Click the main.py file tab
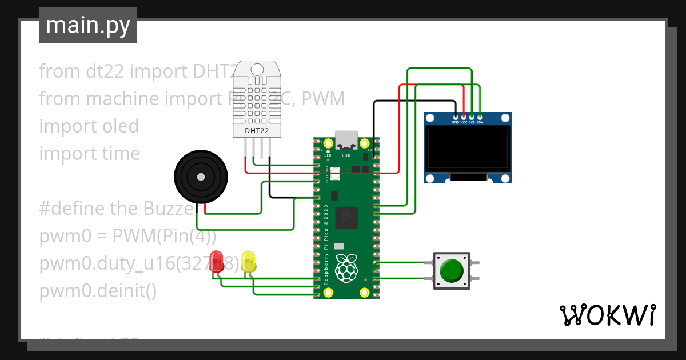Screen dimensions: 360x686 [x=87, y=25]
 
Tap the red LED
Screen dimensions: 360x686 [x=217, y=261]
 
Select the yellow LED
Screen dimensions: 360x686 [x=248, y=261]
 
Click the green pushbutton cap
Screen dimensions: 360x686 [x=452, y=270]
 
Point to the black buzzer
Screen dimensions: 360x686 [x=200, y=177]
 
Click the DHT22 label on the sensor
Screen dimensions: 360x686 [x=257, y=131]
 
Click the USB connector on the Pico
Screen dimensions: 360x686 [x=346, y=139]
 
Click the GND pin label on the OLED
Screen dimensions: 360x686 [x=456, y=122]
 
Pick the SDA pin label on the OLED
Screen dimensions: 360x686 [x=480, y=122]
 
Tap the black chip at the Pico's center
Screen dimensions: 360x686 [x=346, y=217]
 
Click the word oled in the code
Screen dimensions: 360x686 [x=117, y=126]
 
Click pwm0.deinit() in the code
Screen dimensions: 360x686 [x=98, y=291]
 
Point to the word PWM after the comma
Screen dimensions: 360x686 [x=323, y=99]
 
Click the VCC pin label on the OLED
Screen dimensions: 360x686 [x=464, y=122]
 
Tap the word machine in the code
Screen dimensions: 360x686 [x=123, y=99]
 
